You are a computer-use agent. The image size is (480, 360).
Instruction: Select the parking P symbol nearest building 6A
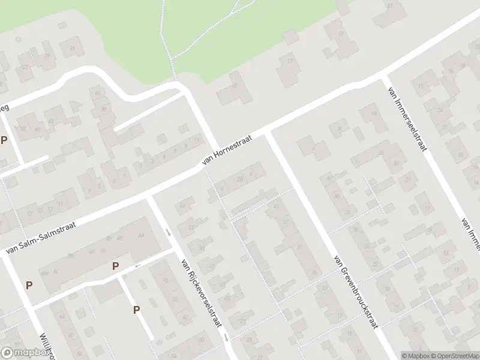click(x=115, y=266)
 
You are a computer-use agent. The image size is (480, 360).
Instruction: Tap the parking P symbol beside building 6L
click(x=29, y=286)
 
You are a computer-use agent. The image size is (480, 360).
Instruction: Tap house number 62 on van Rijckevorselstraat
click(x=185, y=317)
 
